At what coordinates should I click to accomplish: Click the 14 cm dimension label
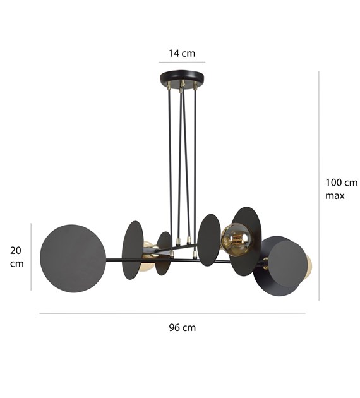[182, 54]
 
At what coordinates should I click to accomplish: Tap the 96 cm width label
[183, 327]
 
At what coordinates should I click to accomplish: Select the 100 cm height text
[342, 183]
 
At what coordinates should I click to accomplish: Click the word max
[335, 196]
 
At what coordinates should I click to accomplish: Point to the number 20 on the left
[16, 251]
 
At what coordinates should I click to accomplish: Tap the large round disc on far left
[73, 258]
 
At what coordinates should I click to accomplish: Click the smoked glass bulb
[237, 240]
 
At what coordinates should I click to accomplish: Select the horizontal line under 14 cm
[182, 62]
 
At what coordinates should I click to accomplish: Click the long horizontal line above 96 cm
[172, 313]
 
